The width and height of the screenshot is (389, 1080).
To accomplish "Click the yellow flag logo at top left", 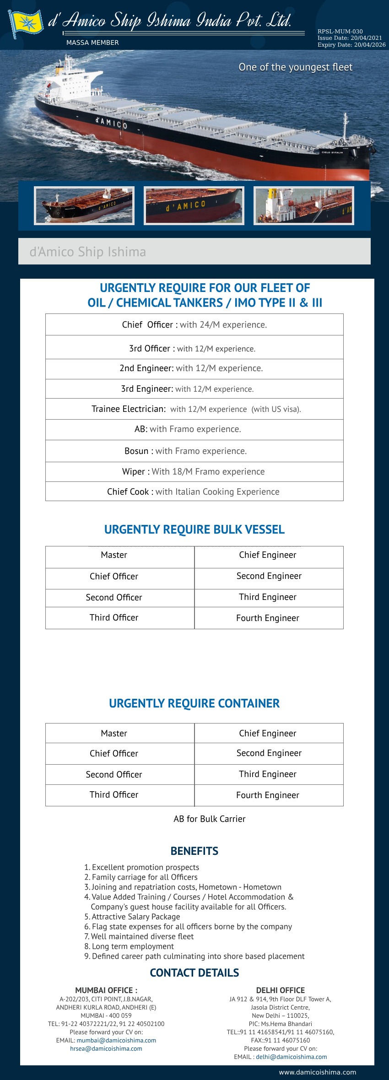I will (x=26, y=23).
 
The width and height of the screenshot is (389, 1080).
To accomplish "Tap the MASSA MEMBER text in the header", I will (x=92, y=43).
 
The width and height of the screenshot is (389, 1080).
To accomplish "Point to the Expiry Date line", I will (x=351, y=45).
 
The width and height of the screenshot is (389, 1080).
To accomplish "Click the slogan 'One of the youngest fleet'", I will (x=295, y=67).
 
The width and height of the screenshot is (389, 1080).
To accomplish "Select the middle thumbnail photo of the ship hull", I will (x=194, y=206).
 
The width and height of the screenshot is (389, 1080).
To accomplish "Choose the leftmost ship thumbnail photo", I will (x=84, y=206).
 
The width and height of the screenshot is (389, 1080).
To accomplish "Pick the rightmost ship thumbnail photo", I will (x=304, y=206).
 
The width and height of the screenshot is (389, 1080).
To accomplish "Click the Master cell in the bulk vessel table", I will (x=114, y=555).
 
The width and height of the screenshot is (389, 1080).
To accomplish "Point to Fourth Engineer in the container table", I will (x=268, y=795).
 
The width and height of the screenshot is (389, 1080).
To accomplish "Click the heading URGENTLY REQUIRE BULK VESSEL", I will (x=194, y=529).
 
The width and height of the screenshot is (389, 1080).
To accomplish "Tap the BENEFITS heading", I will (x=194, y=851).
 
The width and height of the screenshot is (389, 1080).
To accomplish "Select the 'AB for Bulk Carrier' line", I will (x=210, y=819).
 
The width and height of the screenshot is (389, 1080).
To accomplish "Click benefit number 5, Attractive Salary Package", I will (x=136, y=917).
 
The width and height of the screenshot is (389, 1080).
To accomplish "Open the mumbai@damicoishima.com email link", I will (x=116, y=1040).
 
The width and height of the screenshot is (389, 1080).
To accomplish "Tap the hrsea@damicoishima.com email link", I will (x=106, y=1048).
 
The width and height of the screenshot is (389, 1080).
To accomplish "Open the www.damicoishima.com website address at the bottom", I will (x=318, y=1072).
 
